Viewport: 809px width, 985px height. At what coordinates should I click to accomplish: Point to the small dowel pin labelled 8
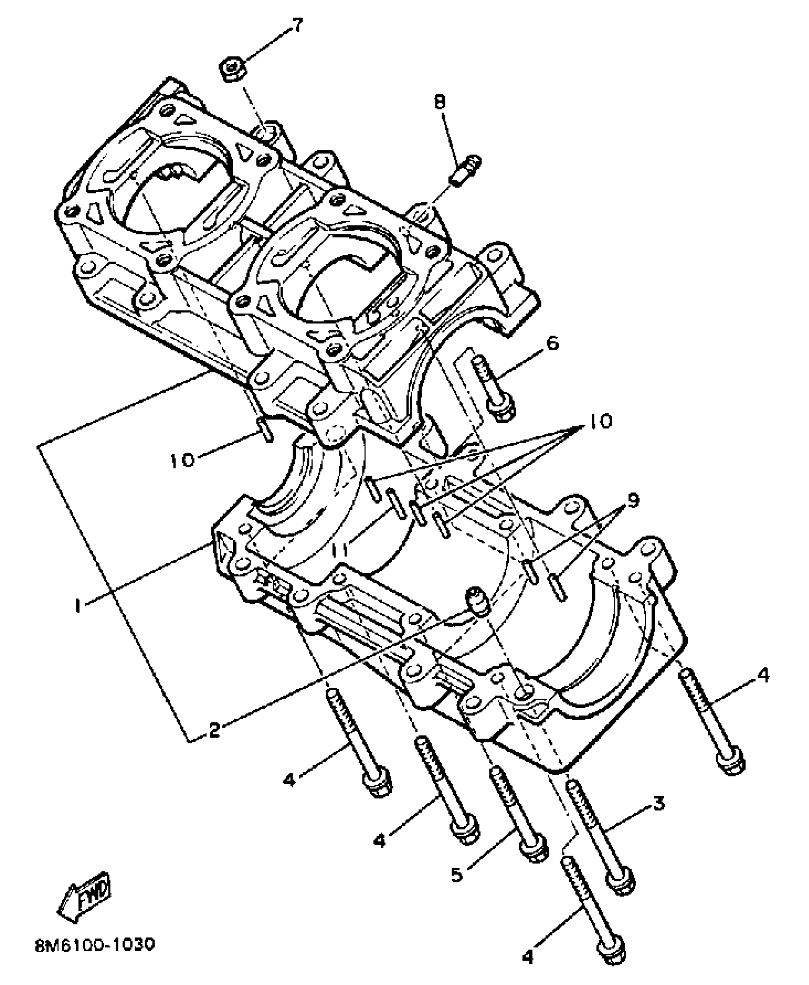pos(464,171)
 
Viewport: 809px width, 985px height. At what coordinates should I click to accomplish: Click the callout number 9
pos(633,500)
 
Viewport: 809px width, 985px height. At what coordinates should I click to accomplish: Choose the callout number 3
pos(658,804)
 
